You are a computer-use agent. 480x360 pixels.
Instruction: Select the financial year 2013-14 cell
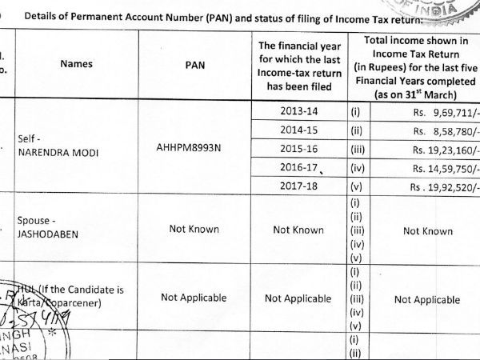click(x=298, y=110)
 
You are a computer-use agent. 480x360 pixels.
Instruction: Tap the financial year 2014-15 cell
click(x=298, y=129)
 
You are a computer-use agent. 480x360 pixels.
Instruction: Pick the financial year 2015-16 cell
click(x=298, y=148)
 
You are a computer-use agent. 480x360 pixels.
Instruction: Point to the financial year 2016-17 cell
click(x=298, y=167)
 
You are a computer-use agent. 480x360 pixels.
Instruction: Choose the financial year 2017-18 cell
click(x=298, y=186)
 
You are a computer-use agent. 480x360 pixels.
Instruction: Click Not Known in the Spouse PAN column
click(x=194, y=230)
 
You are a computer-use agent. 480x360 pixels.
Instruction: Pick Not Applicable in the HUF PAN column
click(x=194, y=298)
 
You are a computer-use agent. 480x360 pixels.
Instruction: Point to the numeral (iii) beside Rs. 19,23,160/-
click(x=357, y=149)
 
